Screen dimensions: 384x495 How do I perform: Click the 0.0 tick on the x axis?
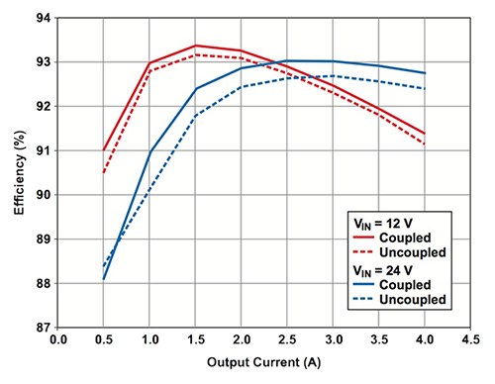click(57, 339)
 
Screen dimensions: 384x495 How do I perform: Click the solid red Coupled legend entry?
click(401, 238)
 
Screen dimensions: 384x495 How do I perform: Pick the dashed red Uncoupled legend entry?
click(401, 252)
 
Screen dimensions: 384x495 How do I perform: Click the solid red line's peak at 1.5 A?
click(195, 46)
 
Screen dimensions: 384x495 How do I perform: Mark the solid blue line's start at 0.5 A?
click(103, 279)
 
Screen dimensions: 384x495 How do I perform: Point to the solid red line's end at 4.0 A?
click(425, 134)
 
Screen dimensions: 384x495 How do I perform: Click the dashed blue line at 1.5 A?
click(195, 116)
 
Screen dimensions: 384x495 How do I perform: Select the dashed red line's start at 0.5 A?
click(103, 172)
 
